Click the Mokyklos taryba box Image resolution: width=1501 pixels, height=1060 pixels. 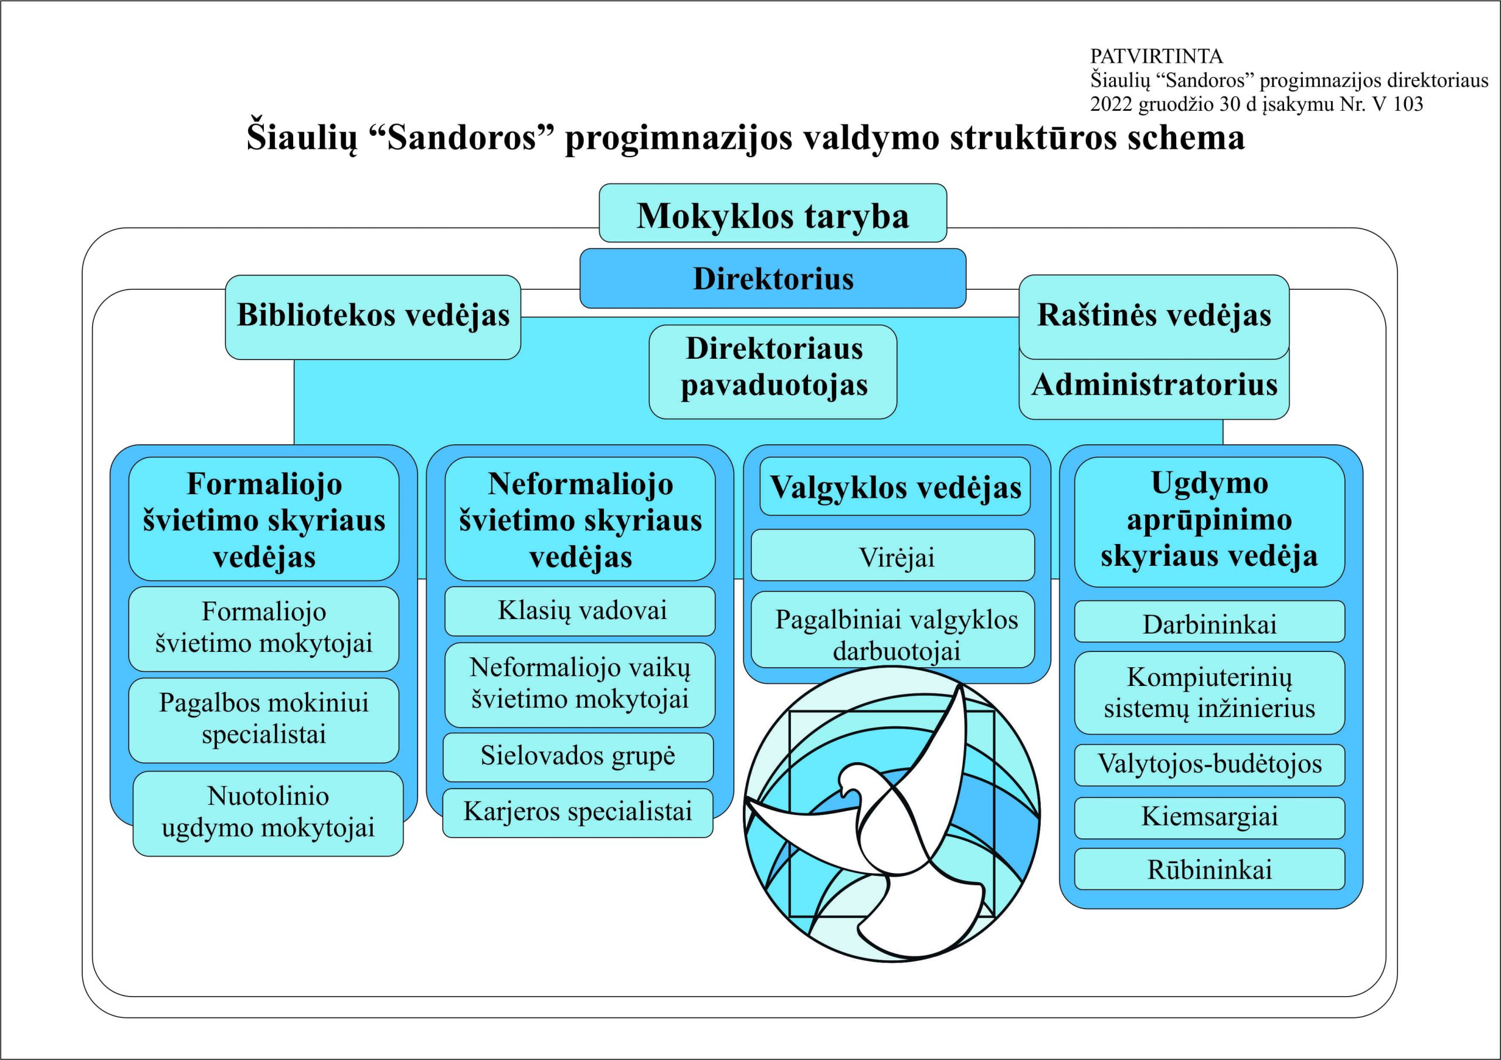(x=773, y=213)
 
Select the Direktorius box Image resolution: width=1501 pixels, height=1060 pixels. (x=773, y=278)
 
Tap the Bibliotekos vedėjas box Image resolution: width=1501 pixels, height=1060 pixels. (x=373, y=317)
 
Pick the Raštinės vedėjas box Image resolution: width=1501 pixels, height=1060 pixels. (x=1154, y=317)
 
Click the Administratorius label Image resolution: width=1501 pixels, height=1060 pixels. (x=1154, y=385)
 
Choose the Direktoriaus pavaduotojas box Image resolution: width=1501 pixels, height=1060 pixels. (x=773, y=372)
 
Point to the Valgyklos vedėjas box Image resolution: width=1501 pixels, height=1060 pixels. (x=895, y=487)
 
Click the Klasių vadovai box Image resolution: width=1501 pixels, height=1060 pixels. (x=580, y=611)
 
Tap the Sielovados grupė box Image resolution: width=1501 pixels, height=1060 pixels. (x=578, y=757)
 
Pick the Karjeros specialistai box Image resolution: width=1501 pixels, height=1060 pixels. (x=578, y=813)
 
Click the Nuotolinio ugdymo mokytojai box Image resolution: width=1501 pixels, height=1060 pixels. (x=268, y=814)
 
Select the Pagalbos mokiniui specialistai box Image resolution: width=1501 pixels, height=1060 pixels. (x=263, y=720)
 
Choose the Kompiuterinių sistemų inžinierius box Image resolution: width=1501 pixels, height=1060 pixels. (x=1210, y=693)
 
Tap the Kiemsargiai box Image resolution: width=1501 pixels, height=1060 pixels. (x=1210, y=817)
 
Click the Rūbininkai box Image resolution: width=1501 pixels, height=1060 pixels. (x=1210, y=869)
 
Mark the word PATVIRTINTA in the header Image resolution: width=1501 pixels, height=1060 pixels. (x=1156, y=56)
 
